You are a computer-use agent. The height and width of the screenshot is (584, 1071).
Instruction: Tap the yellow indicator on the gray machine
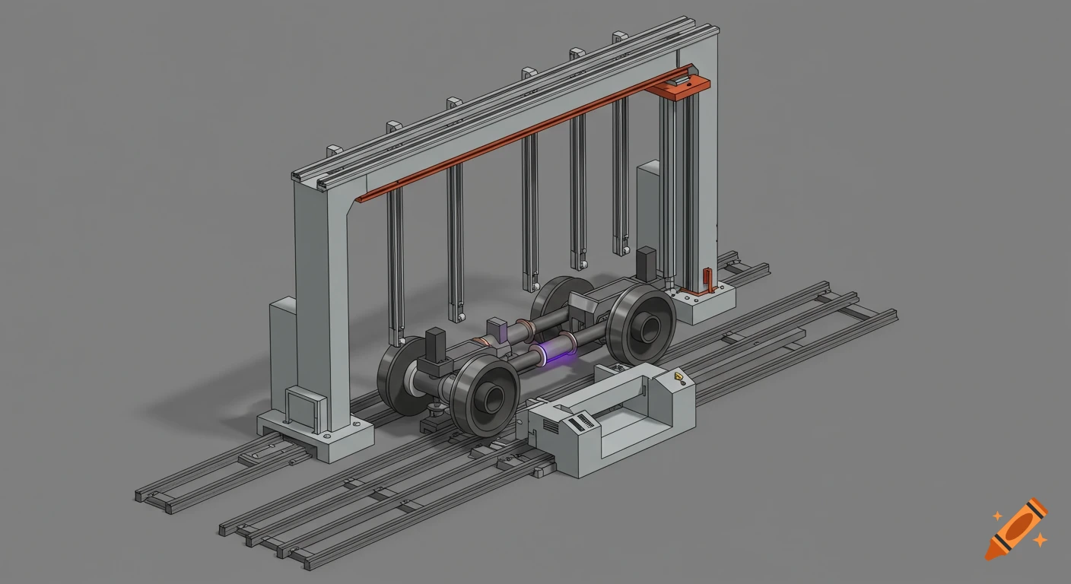[677, 376]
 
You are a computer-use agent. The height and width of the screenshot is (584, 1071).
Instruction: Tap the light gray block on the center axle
[497, 330]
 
